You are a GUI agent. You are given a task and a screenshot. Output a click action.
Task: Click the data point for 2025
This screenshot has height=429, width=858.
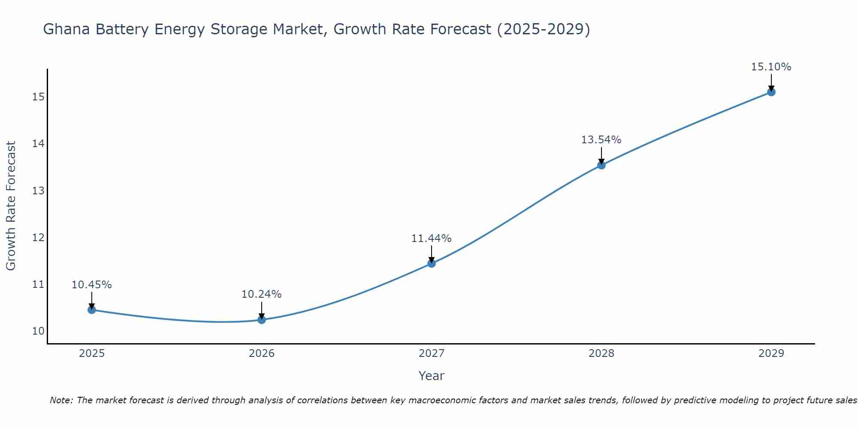[91, 310]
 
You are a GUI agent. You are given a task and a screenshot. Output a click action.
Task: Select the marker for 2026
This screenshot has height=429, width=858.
[262, 320]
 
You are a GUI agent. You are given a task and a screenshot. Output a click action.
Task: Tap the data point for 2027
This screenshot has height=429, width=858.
[432, 263]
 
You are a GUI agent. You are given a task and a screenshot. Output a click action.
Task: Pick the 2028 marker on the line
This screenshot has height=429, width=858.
[601, 165]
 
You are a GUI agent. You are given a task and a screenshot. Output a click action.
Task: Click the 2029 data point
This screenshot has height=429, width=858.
[771, 92]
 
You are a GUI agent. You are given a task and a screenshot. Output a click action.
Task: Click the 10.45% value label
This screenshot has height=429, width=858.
[91, 285]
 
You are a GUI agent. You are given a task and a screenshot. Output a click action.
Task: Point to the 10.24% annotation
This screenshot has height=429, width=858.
[261, 294]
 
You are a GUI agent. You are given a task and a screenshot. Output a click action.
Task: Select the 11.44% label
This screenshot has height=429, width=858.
[431, 239]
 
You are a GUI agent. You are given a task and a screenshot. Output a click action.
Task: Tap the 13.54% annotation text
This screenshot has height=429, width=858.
[601, 140]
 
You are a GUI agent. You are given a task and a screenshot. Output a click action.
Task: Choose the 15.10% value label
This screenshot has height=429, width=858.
[771, 67]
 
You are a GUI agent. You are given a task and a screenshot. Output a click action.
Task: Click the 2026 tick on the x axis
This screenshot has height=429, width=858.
[262, 353]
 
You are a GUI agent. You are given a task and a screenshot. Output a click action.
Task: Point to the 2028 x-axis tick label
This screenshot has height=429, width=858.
[601, 353]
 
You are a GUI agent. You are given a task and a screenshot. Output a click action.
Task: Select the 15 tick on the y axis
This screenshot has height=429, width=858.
[38, 97]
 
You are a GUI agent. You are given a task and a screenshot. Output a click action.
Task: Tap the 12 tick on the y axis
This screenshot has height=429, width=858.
[38, 237]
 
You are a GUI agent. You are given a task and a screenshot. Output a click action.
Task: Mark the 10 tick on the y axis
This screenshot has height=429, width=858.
[38, 331]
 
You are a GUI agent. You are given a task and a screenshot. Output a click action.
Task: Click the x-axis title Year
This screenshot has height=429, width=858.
[431, 376]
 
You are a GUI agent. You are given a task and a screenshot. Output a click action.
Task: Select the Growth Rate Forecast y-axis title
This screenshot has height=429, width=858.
[11, 206]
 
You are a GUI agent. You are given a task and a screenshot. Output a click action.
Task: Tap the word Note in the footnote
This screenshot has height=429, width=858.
[61, 400]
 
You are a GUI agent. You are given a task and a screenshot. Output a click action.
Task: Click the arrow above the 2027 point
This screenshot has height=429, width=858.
[432, 254]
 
